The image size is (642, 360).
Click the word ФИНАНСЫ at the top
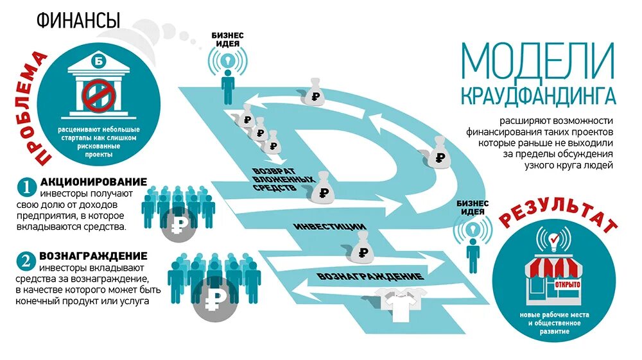(78, 21)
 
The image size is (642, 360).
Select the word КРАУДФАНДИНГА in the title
(537, 96)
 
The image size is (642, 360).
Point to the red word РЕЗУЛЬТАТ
(558, 216)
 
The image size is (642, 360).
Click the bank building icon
(98, 87)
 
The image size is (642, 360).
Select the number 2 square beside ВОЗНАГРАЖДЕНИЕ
(26, 261)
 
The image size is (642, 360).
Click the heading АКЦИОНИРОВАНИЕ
(94, 182)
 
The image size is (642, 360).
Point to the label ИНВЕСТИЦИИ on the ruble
(330, 227)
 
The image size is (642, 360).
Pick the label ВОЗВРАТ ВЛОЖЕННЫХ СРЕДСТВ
(283, 181)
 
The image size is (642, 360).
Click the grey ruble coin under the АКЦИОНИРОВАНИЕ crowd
(178, 225)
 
